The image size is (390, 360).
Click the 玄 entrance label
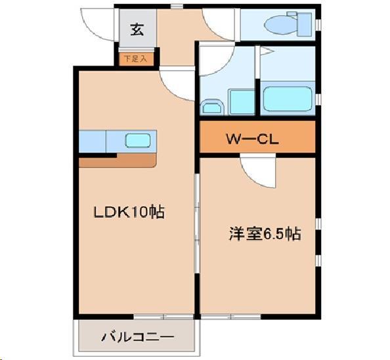137,29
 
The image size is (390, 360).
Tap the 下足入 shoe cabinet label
137,59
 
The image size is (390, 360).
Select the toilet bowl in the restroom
278,25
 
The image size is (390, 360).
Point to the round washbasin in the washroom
212,107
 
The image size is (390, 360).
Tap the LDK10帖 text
128,212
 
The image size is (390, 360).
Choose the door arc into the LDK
177,84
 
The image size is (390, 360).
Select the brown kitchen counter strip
118,161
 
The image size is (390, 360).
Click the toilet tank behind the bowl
303,25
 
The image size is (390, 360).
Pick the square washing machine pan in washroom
241,102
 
